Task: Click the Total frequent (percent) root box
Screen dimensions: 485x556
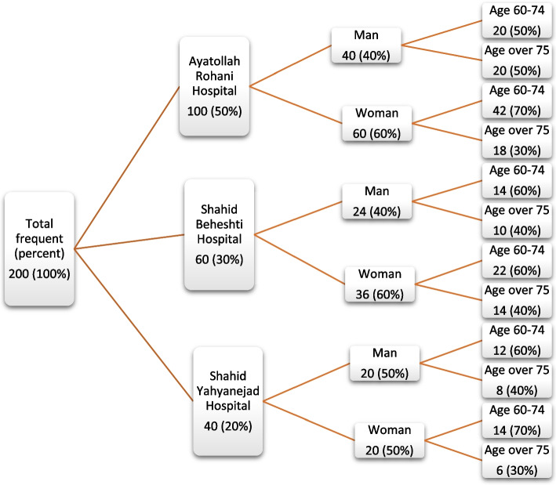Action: point(39,248)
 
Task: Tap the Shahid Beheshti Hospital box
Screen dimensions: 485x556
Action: point(219,234)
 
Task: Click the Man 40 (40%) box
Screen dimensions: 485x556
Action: point(367,49)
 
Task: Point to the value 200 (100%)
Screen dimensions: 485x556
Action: point(39,274)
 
